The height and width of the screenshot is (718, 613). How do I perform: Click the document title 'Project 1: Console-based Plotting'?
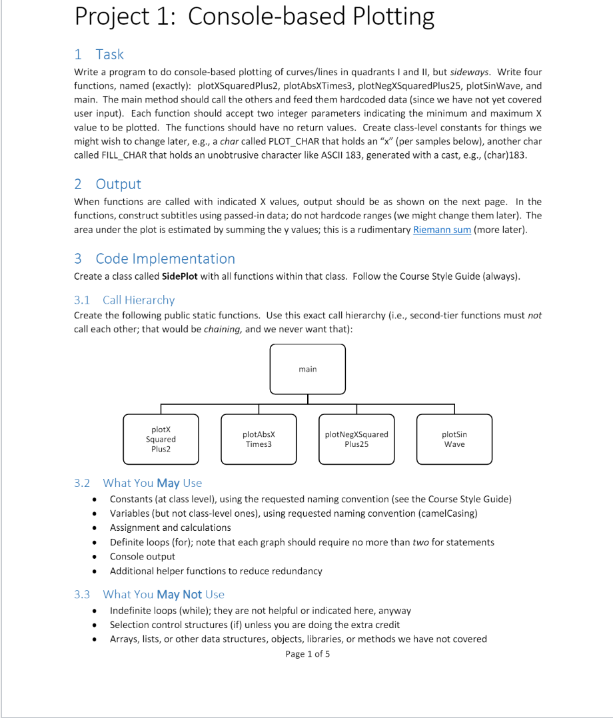[255, 17]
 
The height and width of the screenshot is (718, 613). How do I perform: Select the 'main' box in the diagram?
[308, 369]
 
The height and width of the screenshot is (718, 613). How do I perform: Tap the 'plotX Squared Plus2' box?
[161, 439]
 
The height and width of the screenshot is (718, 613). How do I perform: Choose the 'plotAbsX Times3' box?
[259, 439]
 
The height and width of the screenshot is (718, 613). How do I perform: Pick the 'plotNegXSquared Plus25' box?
[356, 439]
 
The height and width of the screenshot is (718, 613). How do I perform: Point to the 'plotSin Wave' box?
[454, 439]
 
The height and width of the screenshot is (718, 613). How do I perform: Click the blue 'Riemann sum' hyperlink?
[442, 230]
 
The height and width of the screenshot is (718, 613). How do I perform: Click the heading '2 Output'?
[107, 184]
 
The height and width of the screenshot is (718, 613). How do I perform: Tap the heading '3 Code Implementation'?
[155, 258]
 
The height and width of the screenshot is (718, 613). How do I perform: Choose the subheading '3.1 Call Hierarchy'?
[125, 300]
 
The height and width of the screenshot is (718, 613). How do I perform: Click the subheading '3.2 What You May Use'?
[138, 483]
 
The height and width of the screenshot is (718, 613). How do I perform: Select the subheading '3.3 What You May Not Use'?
[149, 594]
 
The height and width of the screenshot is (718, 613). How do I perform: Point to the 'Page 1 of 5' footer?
[307, 654]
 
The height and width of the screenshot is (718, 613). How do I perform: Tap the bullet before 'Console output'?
[97, 557]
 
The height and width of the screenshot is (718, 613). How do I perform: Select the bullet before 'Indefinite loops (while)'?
[97, 611]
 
